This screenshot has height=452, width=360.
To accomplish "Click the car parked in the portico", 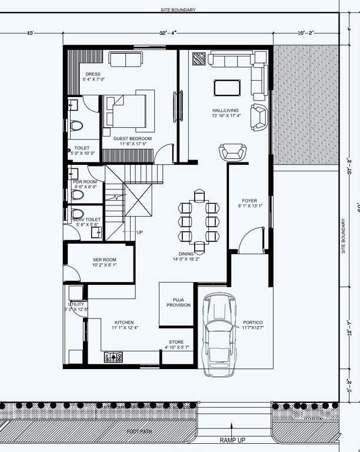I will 219,334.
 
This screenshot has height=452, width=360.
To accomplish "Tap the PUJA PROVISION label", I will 178,303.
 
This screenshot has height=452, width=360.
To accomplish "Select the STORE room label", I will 176,342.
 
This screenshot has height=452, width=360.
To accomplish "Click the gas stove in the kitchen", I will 114,356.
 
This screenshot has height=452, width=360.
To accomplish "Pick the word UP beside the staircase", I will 139,232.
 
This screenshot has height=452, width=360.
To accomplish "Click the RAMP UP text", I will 234,440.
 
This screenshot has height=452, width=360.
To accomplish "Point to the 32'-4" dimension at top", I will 167,34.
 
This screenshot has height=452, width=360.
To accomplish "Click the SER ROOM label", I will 105,260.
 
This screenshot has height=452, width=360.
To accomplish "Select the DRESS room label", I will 92,74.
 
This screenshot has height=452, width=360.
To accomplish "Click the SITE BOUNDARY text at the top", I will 178,10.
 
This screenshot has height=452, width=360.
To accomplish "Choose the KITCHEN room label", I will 124,323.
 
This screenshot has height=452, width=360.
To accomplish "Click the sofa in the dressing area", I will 126,59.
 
